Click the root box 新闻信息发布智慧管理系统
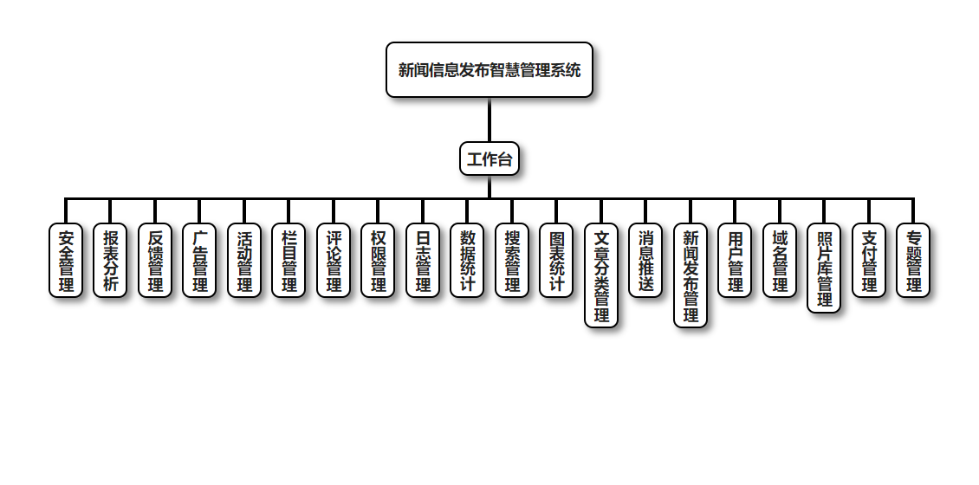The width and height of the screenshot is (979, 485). click(489, 70)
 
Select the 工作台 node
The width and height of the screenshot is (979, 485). click(489, 159)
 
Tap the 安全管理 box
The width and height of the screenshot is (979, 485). click(66, 261)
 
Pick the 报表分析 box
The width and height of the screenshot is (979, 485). click(111, 261)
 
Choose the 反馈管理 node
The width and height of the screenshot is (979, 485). click(155, 261)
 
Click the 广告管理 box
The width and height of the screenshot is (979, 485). click(200, 261)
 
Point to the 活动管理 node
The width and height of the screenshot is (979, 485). click(244, 261)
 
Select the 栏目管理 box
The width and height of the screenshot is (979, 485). click(289, 261)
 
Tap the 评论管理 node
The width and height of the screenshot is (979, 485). click(334, 261)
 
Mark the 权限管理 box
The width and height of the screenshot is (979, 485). click(379, 261)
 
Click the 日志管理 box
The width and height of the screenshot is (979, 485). click(423, 261)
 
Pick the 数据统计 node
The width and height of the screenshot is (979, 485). click(468, 261)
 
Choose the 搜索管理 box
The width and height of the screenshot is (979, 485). click(512, 261)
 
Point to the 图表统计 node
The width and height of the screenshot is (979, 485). click(556, 261)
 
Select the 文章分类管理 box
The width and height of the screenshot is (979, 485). click(601, 275)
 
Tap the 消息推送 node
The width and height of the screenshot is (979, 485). click(645, 261)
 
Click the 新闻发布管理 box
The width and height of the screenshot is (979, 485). click(690, 275)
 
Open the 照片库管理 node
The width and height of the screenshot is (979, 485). click(824, 268)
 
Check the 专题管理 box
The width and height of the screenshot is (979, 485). click(913, 261)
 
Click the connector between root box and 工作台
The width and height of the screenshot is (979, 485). click(489, 120)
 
